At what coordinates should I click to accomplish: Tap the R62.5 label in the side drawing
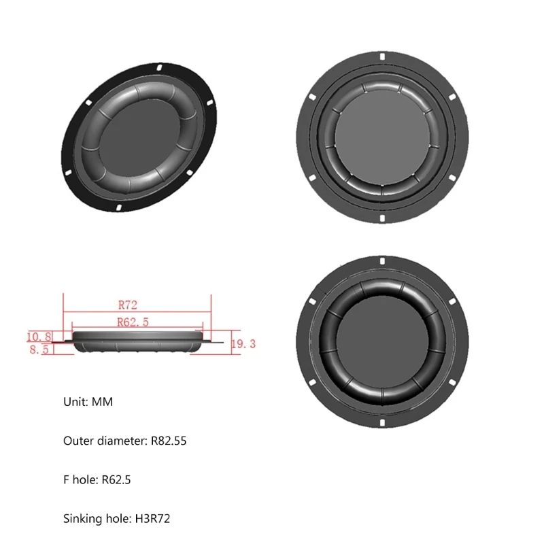coord(133,322)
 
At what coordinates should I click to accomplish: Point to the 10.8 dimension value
coord(39,336)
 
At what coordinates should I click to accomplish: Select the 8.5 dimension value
coord(38,351)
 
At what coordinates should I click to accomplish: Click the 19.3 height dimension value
coord(243,344)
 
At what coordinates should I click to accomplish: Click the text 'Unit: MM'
coord(88,402)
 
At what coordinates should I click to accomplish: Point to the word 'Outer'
coord(78,441)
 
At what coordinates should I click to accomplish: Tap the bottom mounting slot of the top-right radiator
coord(383,219)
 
